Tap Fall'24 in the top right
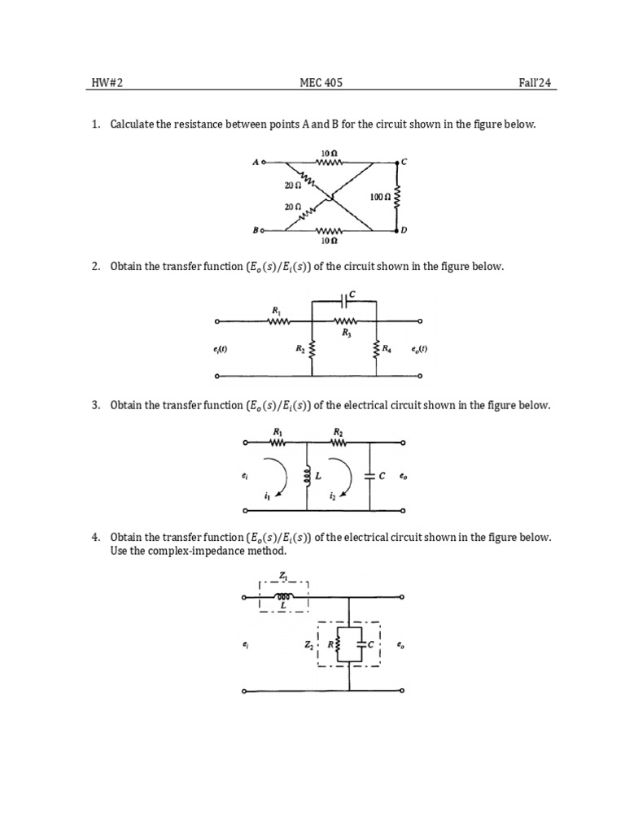coord(540,83)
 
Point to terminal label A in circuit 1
coord(256,163)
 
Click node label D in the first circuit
coord(404,231)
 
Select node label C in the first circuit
coord(404,163)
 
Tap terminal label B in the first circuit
coord(256,231)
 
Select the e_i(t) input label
coord(219,350)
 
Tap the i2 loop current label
coord(332,495)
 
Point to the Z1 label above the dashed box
coord(282,574)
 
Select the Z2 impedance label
coord(308,645)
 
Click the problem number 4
coord(95,538)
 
